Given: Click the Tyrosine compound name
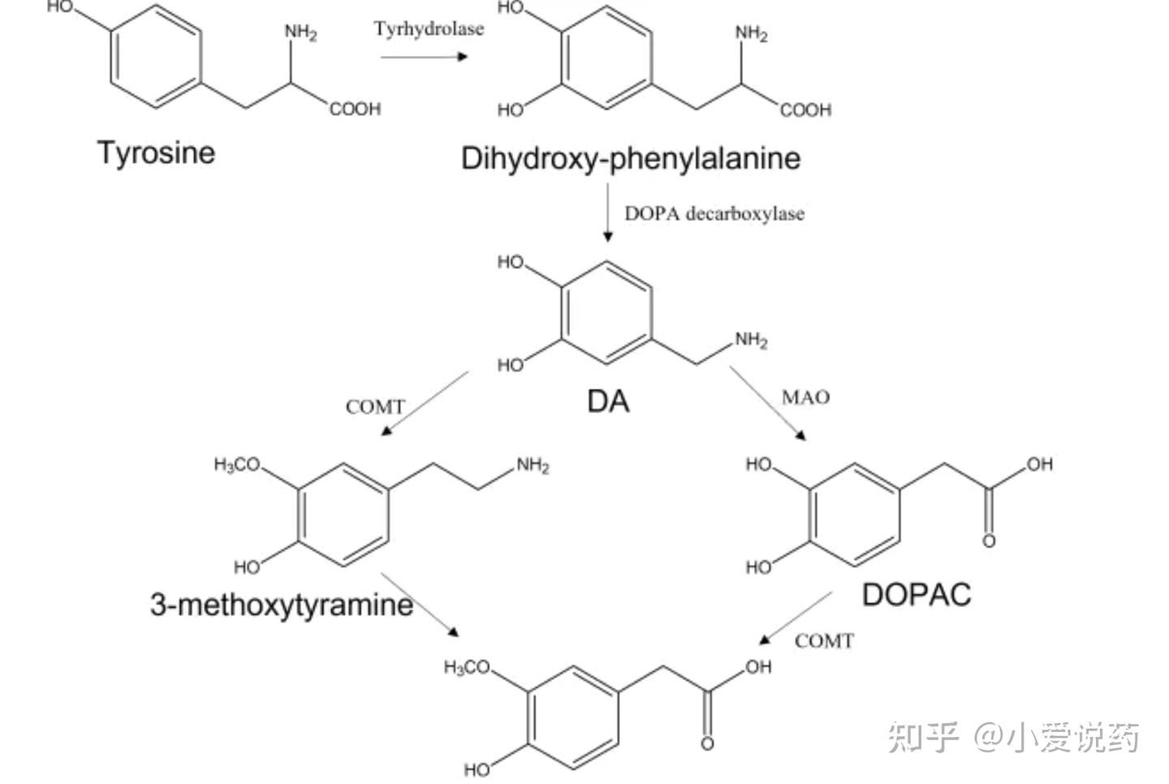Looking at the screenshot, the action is pos(156,153).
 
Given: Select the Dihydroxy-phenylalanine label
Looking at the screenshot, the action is pos(631,158).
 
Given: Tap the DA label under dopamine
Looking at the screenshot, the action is pos(608,402).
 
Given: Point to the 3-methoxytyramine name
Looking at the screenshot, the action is pos(282,605).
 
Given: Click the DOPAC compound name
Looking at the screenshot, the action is pos(917,595).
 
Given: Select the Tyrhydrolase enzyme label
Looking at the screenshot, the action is pos(429,28).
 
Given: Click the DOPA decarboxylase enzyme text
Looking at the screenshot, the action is pos(714,214).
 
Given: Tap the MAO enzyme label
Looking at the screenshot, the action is pos(806,398).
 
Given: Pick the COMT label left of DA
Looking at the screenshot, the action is pos(375,407).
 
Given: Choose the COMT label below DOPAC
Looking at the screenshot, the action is pos(824,641).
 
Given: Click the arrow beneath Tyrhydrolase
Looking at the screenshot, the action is pos(424,56).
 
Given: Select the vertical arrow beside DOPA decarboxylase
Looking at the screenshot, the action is pos(607,213).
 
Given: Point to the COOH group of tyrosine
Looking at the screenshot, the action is pos(355,109).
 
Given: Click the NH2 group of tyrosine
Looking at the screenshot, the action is pos(300,32).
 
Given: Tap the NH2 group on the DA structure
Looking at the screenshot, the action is pos(751,340).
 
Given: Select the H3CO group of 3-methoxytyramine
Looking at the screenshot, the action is pos(237,464).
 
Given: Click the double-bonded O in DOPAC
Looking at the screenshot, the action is pos(989,541).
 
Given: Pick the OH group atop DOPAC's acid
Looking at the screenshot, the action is pos(1040,464).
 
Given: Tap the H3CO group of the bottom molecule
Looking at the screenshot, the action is pos(467,666).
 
